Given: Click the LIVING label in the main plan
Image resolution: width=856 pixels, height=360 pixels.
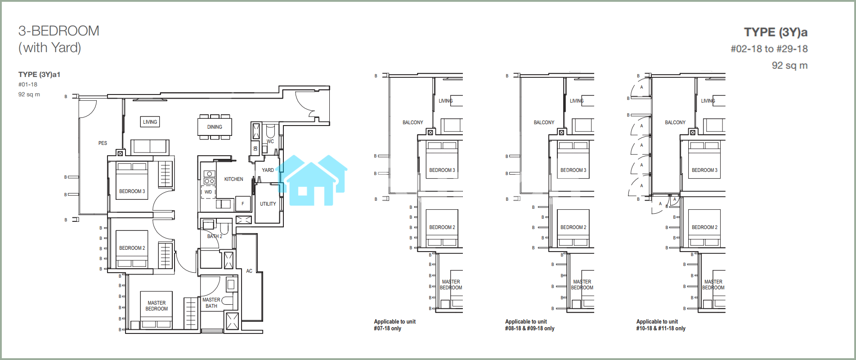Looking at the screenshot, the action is (x=150, y=122).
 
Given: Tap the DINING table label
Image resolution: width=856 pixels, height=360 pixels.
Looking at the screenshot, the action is (x=215, y=127).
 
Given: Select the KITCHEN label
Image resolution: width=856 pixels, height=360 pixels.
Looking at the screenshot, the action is (x=233, y=179).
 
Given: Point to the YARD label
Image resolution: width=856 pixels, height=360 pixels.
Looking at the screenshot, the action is (x=268, y=170).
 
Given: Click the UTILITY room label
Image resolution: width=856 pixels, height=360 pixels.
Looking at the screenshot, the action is (x=268, y=204).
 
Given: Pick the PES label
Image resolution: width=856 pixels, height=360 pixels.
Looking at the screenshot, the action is (x=103, y=143).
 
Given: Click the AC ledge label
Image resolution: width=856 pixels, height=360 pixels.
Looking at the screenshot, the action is (x=249, y=271).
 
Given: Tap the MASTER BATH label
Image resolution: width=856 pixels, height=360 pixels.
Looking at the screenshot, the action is (x=211, y=303).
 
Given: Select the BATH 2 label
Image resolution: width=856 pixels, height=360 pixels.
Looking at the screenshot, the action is (x=215, y=236).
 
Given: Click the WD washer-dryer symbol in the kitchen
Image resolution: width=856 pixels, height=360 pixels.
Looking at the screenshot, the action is (x=208, y=192).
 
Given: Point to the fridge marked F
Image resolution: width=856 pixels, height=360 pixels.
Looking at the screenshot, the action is (x=243, y=204).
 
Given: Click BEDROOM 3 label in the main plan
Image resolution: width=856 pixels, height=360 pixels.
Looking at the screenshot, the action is (x=132, y=191).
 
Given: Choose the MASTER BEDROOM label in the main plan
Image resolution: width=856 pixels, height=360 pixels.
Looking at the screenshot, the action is (x=157, y=306).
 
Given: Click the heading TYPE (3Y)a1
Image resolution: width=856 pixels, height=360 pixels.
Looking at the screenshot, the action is (x=39, y=75).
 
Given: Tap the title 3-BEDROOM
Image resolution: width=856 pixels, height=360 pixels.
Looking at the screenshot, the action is (x=59, y=31).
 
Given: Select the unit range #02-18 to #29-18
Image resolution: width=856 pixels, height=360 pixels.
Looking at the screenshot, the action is (x=769, y=49).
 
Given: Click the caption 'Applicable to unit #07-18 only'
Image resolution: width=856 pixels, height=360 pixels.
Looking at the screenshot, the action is (x=394, y=325).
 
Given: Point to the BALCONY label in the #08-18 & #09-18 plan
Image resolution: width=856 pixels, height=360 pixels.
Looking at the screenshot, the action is (x=544, y=122).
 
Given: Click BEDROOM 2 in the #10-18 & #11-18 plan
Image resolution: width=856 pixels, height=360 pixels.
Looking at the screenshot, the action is (x=704, y=227).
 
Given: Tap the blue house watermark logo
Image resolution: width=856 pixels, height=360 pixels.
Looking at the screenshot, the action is (x=312, y=180).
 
